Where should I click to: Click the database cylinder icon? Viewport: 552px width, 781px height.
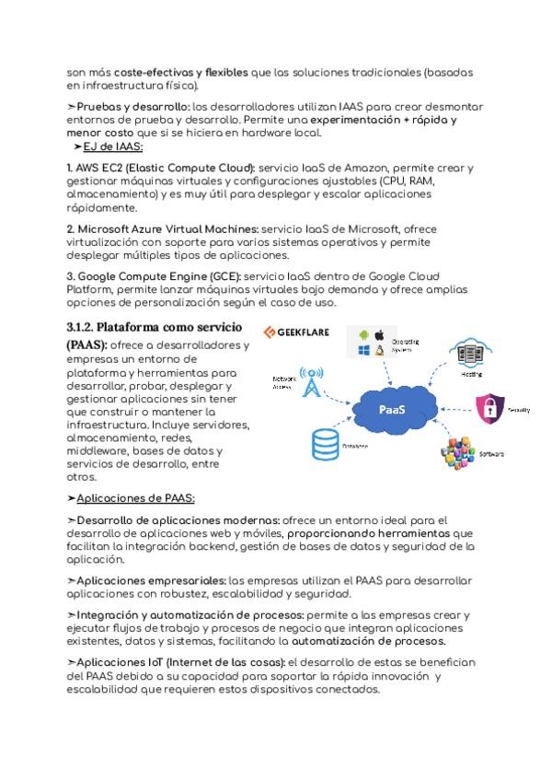click(x=324, y=443)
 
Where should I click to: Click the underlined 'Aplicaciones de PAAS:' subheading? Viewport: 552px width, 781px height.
click(x=135, y=498)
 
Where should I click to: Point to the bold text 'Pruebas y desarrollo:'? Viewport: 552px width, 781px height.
click(x=133, y=107)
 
